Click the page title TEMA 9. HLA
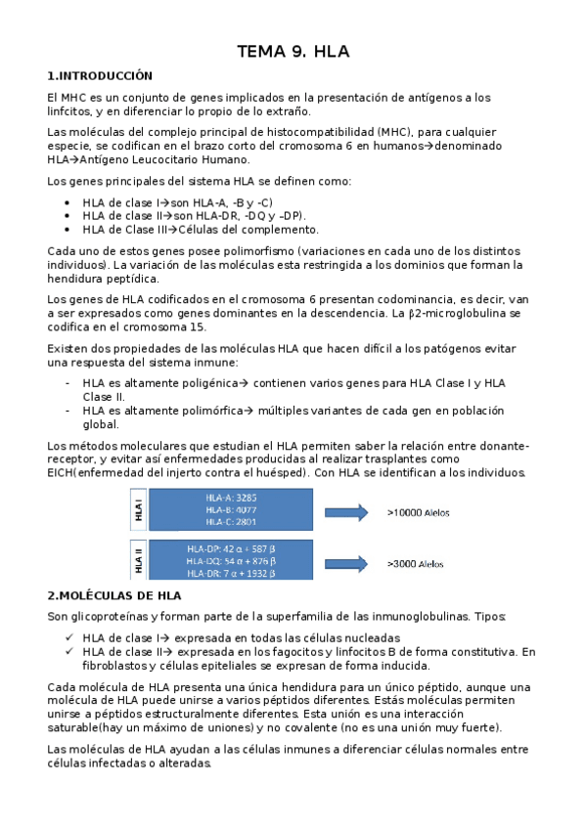pyautogui.click(x=293, y=52)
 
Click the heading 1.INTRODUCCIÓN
pyautogui.click(x=101, y=75)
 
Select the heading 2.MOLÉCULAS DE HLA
pyautogui.click(x=114, y=594)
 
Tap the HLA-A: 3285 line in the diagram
pyautogui.click(x=231, y=497)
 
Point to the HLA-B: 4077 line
pyautogui.click(x=231, y=508)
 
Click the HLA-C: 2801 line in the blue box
pyautogui.click(x=231, y=521)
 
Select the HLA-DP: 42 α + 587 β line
pyautogui.click(x=231, y=549)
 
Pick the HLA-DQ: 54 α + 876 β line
pyautogui.click(x=231, y=561)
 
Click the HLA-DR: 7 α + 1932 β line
pyautogui.click(x=231, y=574)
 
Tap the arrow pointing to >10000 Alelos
pyautogui.click(x=345, y=509)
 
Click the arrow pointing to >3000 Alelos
pyautogui.click(x=345, y=562)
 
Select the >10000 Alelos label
pyautogui.click(x=417, y=510)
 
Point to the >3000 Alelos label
pyautogui.click(x=415, y=563)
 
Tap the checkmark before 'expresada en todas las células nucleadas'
pyautogui.click(x=66, y=637)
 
